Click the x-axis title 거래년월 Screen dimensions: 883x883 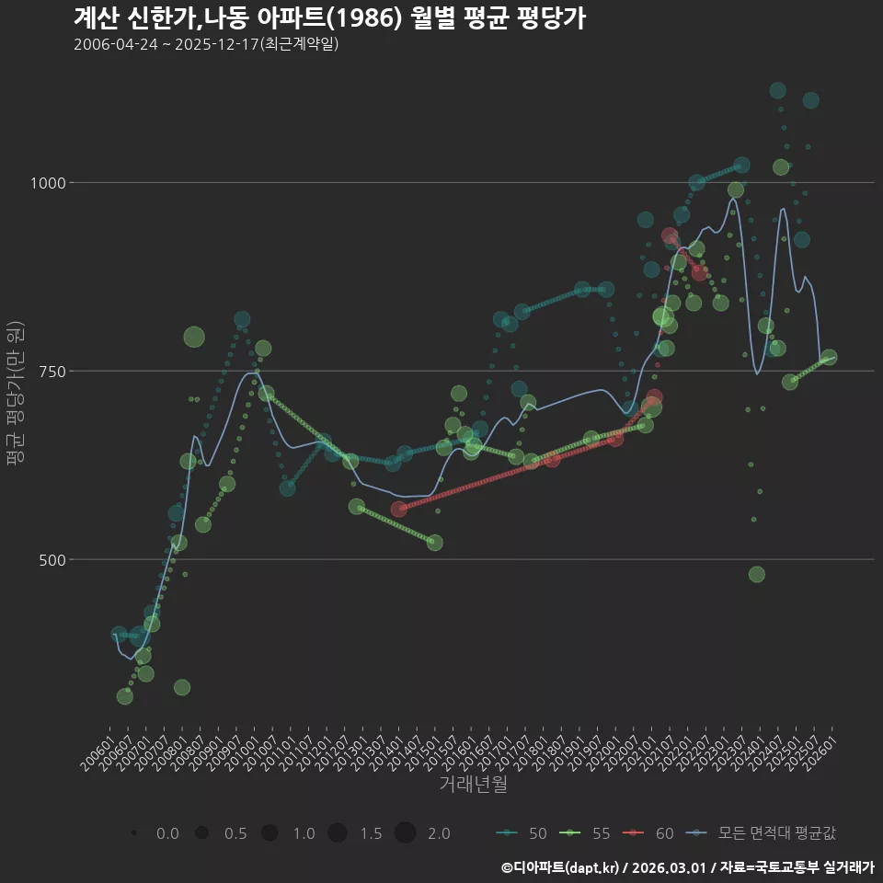(x=473, y=785)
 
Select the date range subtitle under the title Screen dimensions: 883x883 (x=207, y=44)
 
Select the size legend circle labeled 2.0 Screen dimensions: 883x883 (x=406, y=833)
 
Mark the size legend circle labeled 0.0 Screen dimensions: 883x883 (x=134, y=833)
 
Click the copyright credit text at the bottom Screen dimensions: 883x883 (x=687, y=867)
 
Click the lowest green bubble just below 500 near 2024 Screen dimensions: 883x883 (x=757, y=574)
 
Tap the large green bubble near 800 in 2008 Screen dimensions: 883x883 (x=193, y=337)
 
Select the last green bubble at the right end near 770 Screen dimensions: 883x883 (x=829, y=358)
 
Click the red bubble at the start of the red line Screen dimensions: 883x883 (x=398, y=509)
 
